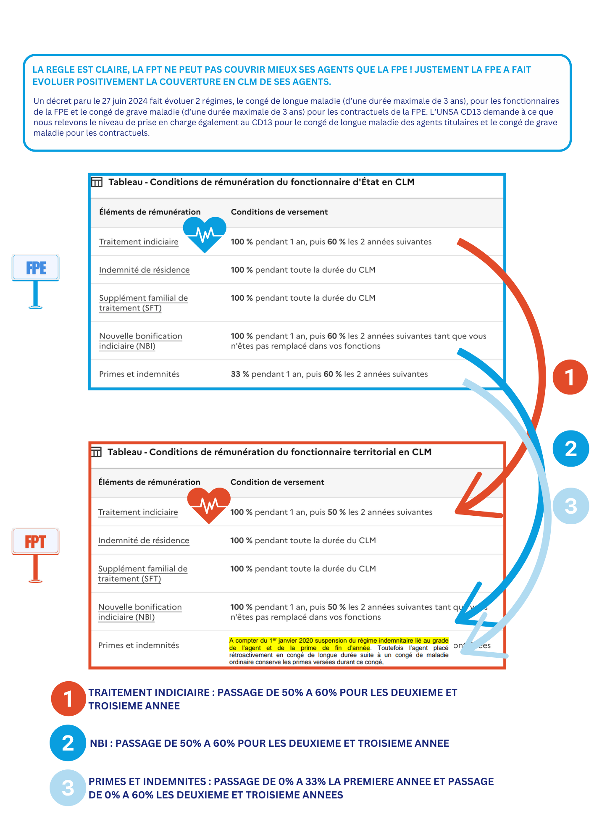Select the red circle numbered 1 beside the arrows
570,377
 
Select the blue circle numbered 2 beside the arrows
570,449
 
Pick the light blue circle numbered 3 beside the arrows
570,506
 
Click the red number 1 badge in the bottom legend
68,699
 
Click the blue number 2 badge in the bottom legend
68,743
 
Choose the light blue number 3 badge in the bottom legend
68,787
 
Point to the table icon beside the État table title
97,182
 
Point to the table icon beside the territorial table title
97,452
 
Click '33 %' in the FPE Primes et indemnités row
240,374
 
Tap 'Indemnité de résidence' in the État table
144,270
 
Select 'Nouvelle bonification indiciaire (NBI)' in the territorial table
140,612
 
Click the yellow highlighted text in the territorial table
339,644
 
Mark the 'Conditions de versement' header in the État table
279,212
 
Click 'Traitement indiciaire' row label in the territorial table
138,512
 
